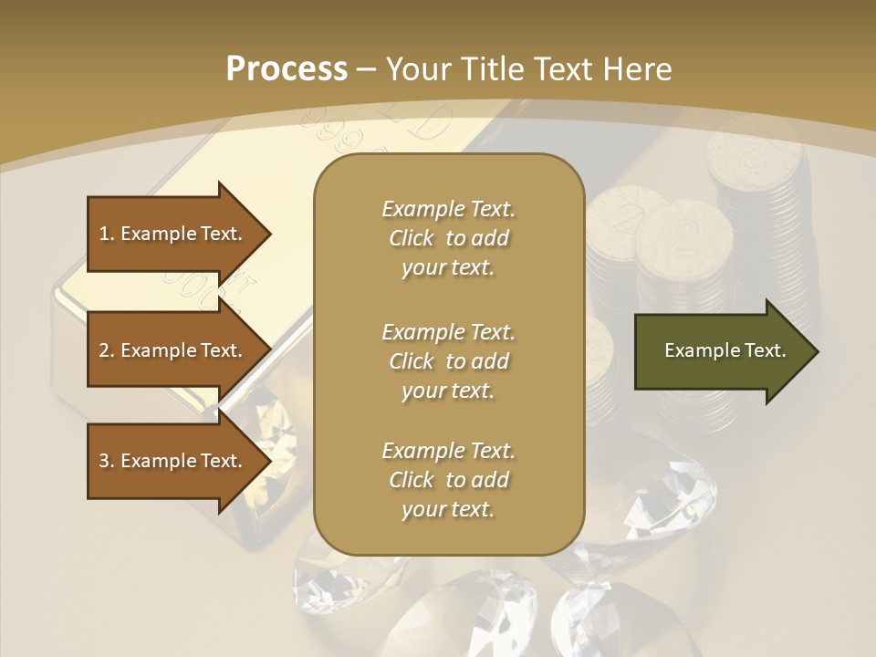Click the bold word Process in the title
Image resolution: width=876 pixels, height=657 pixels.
tap(287, 68)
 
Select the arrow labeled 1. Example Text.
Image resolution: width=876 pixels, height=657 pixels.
tap(173, 234)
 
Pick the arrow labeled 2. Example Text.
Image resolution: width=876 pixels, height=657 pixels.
tap(173, 350)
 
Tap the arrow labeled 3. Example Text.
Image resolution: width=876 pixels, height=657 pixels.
tap(173, 461)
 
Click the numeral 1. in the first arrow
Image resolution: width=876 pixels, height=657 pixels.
tap(107, 234)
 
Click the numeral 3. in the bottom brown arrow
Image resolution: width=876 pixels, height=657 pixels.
tap(107, 461)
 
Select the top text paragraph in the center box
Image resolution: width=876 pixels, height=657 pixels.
tap(448, 238)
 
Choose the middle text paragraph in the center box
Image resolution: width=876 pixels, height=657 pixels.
tap(448, 360)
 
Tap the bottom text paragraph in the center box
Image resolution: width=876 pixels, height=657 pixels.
tap(448, 480)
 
